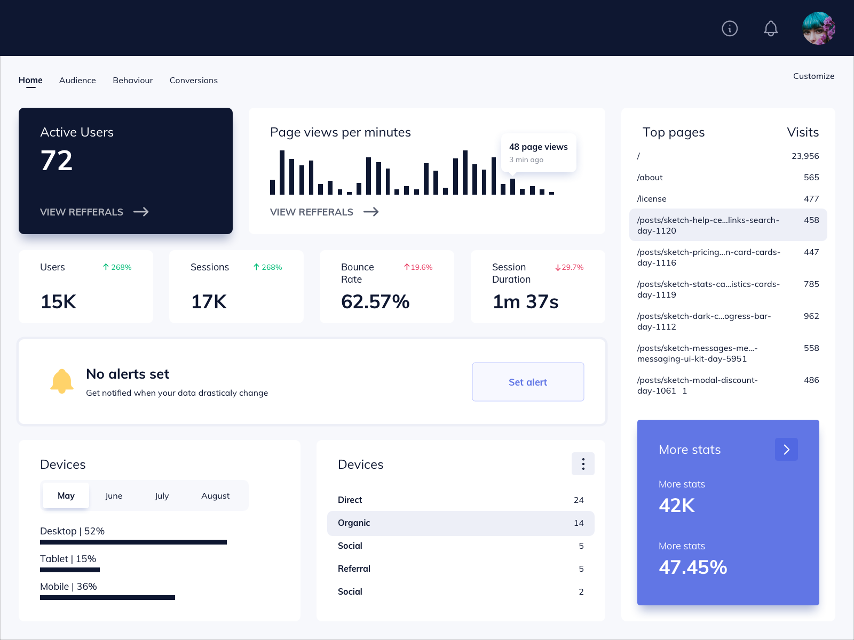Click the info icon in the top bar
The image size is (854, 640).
pos(730,28)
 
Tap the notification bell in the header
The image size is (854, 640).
pos(771,28)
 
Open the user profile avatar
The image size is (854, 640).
pos(819,28)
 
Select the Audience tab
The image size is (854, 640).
pos(77,81)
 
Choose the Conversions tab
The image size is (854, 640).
pos(194,81)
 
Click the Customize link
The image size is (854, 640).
pos(813,76)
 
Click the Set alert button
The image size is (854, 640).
pos(528,382)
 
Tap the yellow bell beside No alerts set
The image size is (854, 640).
pos(62,381)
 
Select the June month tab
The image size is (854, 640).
pos(114,495)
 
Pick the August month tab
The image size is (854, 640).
pos(215,495)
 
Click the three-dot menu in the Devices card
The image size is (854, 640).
pos(583,464)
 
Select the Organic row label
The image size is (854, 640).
pos(354,523)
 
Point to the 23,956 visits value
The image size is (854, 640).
pos(805,156)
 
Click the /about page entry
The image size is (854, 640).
pos(650,178)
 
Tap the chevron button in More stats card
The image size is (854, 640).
pos(786,450)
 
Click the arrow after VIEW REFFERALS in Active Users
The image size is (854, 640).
pos(141,212)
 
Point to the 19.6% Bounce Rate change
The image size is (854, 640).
pos(418,267)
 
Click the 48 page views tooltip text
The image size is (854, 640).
pos(538,147)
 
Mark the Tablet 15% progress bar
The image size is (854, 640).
pos(70,570)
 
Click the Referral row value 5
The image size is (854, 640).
pos(581,569)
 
